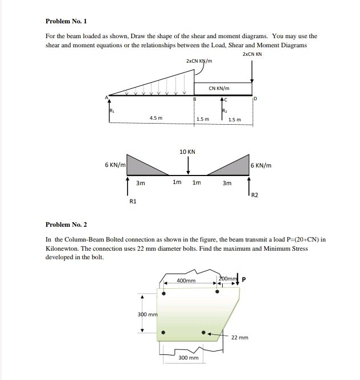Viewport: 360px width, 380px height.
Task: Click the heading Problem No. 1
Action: [x=66, y=21]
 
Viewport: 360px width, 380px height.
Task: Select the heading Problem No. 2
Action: [x=66, y=226]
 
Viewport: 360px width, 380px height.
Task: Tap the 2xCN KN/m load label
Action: [x=199, y=61]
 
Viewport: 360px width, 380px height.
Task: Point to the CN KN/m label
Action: [x=219, y=88]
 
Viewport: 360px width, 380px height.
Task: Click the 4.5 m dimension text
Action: [x=156, y=119]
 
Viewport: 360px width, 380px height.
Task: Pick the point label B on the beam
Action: [x=194, y=100]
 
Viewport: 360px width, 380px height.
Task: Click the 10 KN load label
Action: [x=187, y=152]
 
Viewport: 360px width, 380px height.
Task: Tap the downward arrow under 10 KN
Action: [x=187, y=165]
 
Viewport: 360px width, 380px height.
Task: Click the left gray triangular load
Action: [x=142, y=166]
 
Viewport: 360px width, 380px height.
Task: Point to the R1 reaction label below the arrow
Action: [x=133, y=201]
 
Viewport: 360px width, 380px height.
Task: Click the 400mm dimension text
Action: [x=186, y=281]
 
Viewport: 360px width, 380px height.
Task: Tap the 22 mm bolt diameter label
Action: [x=240, y=337]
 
